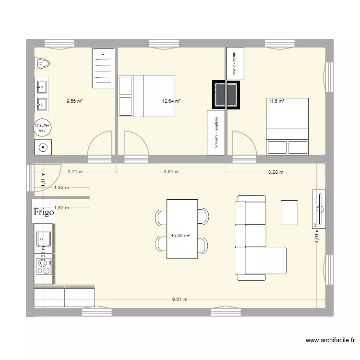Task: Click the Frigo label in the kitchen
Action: [43, 212]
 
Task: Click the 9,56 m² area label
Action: [75, 101]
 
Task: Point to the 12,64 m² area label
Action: [171, 101]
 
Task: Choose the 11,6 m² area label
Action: [276, 101]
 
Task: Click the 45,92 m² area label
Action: [180, 236]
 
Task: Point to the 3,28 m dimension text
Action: [276, 171]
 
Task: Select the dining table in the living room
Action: [182, 228]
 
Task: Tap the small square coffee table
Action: [288, 212]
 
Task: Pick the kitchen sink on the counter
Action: [43, 238]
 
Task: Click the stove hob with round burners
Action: [44, 265]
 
